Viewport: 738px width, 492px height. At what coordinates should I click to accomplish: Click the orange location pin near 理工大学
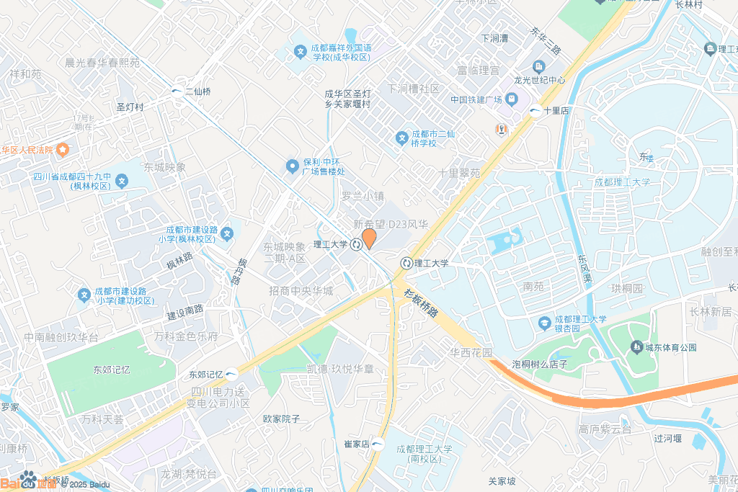tap(368, 238)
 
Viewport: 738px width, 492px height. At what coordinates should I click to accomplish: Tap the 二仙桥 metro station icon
tap(177, 91)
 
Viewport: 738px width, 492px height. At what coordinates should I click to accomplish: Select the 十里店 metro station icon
tap(535, 111)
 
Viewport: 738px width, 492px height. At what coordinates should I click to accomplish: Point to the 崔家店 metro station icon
tap(378, 444)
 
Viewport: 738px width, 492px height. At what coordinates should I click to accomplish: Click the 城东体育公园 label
tap(670, 347)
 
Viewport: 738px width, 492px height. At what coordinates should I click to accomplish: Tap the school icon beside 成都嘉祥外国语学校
tap(301, 52)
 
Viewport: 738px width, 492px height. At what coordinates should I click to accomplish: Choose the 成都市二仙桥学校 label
tap(434, 138)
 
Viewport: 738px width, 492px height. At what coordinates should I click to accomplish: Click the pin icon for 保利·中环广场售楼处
tap(292, 166)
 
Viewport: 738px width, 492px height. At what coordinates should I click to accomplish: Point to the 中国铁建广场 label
tap(476, 100)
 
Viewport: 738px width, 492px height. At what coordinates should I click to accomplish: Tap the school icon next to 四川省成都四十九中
tap(122, 181)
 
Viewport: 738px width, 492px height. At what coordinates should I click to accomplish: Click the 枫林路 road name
tap(179, 260)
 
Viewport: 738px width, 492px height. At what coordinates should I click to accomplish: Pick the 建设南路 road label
tap(185, 315)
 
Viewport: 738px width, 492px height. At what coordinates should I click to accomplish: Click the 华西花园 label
tap(471, 353)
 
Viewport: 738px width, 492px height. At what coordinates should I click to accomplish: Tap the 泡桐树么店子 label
tap(540, 364)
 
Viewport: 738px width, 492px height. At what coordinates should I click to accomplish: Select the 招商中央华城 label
tap(301, 291)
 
